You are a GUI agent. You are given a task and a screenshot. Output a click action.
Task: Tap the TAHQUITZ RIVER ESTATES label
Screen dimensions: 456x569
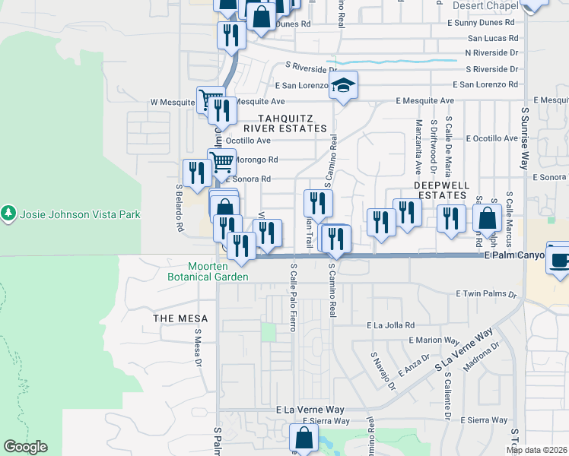tap(292, 123)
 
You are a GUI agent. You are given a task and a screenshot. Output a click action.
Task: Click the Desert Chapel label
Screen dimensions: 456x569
tap(485, 5)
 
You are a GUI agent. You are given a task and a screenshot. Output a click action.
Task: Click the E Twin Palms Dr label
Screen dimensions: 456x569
tap(486, 293)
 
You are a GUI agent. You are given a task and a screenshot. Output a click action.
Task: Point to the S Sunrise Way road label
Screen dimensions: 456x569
tap(525, 137)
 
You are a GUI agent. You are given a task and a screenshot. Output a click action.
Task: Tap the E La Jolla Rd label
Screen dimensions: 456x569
tap(389, 325)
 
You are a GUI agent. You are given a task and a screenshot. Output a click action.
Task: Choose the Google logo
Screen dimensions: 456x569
tap(25, 447)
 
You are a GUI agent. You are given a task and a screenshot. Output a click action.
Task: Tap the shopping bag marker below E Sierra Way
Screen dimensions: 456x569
tap(304, 438)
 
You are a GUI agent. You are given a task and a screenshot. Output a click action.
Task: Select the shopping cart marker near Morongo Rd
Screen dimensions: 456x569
tap(221, 162)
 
